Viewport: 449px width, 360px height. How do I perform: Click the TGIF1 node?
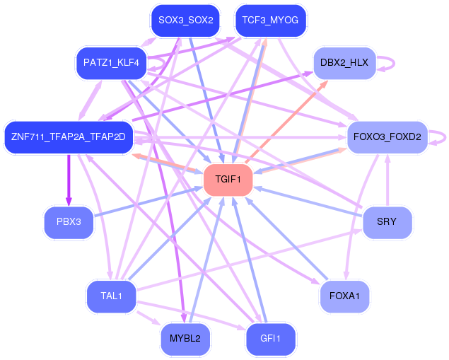pyautogui.click(x=228, y=180)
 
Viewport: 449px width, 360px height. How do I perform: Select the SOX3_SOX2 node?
pyautogui.click(x=186, y=21)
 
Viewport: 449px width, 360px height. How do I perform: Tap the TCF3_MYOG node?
pyautogui.click(x=270, y=21)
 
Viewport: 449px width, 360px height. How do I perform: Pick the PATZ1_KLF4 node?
pyautogui.click(x=111, y=63)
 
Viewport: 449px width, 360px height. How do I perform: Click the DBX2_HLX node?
pyautogui.click(x=344, y=62)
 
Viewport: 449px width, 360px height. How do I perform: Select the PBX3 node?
pyautogui.click(x=69, y=222)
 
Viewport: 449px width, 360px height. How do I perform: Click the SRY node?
pyautogui.click(x=387, y=222)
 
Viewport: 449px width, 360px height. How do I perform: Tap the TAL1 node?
pyautogui.click(x=111, y=296)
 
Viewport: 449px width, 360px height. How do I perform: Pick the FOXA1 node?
pyautogui.click(x=344, y=296)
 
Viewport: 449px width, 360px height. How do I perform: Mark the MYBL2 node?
pyautogui.click(x=185, y=338)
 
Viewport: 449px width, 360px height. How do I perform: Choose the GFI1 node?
pyautogui.click(x=271, y=338)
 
